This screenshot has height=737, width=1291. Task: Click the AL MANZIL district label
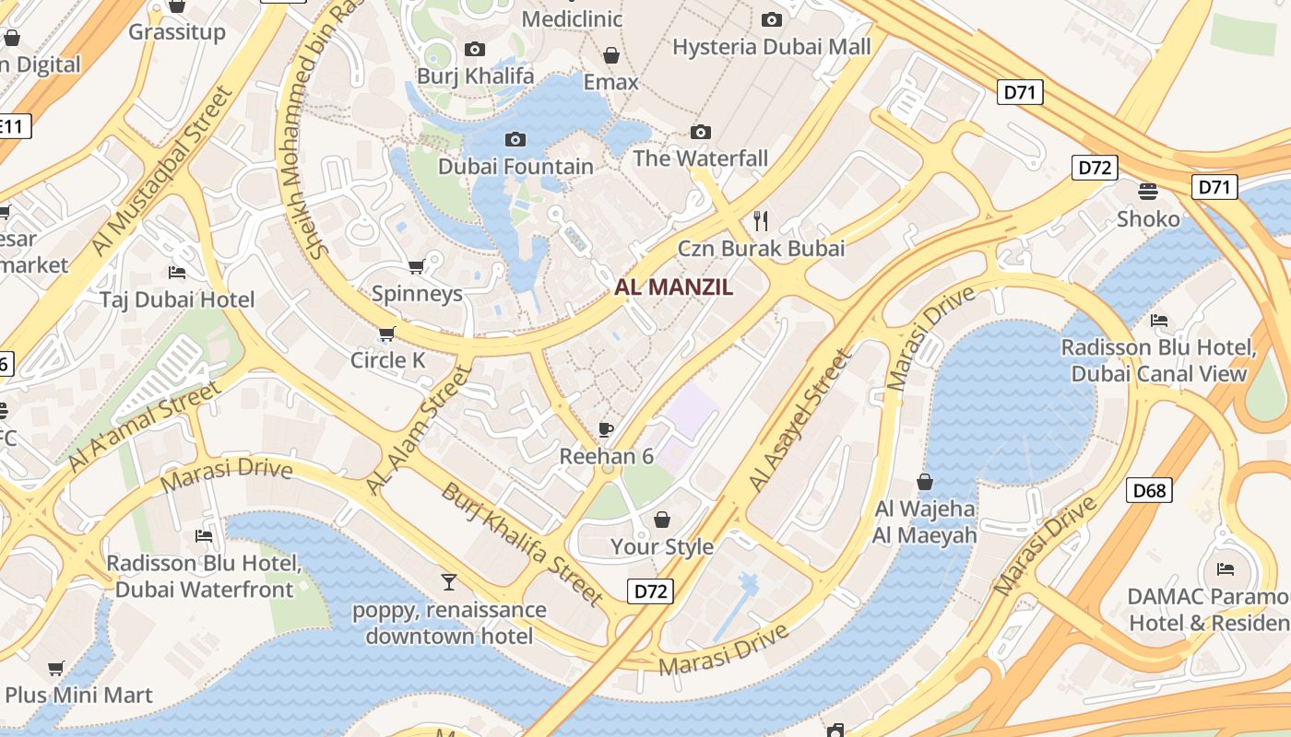click(674, 287)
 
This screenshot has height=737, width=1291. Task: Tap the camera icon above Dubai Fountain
click(515, 139)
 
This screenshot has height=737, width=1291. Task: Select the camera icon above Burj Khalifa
click(475, 49)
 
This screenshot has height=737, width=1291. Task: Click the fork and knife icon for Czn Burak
click(761, 220)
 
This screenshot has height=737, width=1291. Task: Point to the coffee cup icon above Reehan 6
click(606, 429)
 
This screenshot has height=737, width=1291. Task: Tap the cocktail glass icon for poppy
click(449, 581)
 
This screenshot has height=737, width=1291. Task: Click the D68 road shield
click(1149, 490)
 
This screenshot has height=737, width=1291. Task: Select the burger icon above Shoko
click(1148, 192)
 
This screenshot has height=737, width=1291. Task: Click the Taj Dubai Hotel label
click(177, 299)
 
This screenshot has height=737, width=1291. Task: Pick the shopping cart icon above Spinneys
click(416, 267)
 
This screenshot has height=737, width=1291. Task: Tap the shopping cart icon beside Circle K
click(386, 333)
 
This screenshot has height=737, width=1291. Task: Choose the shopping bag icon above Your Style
click(661, 520)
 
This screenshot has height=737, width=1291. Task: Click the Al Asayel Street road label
click(799, 421)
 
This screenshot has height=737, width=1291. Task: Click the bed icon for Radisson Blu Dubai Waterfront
click(204, 536)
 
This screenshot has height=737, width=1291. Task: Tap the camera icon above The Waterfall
click(701, 132)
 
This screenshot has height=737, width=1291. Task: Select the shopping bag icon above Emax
click(610, 55)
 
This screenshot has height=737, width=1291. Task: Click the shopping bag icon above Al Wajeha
click(925, 482)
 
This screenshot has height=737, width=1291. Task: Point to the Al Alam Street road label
click(419, 429)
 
